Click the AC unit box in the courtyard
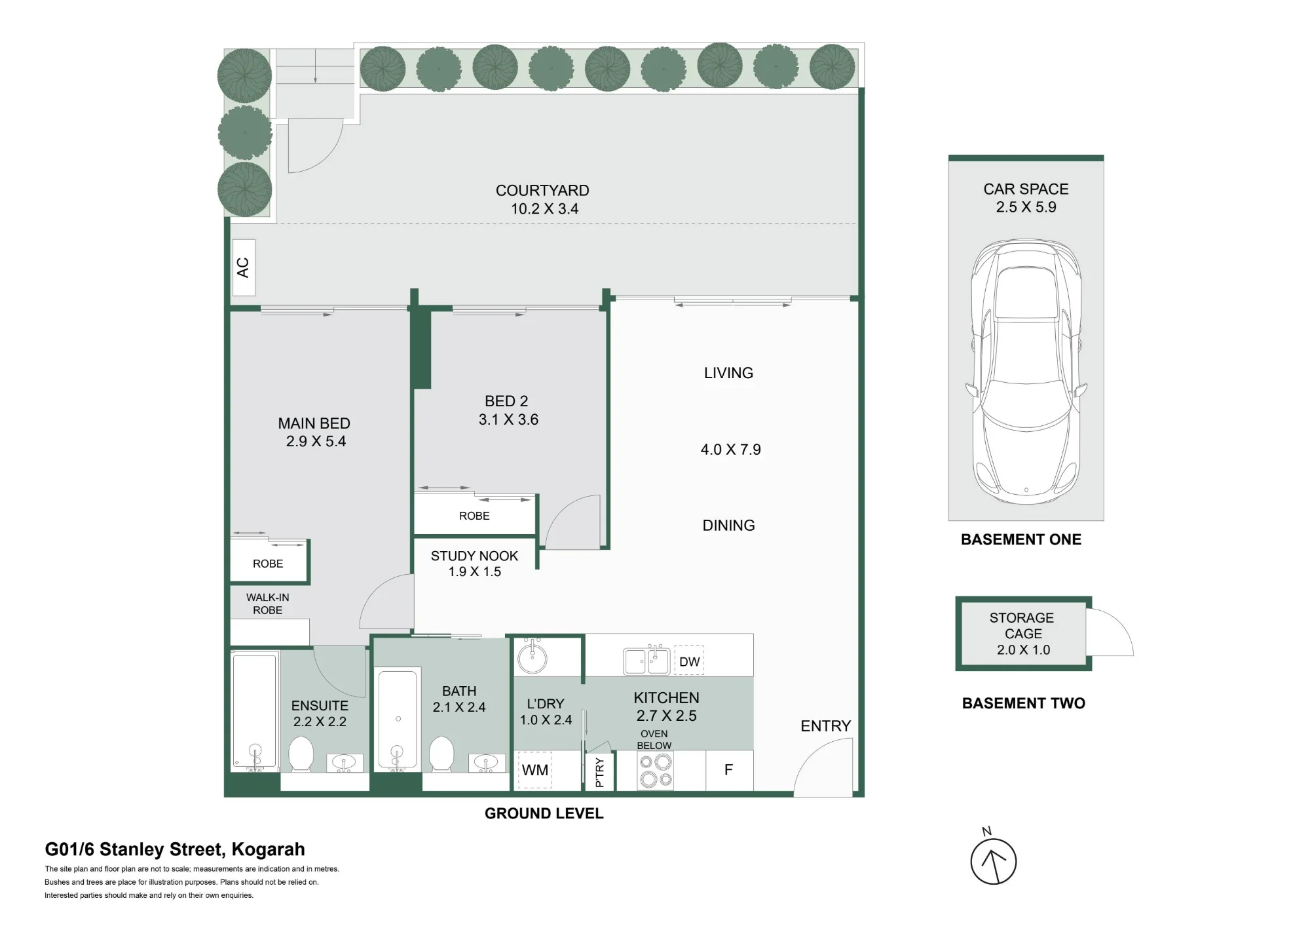(x=244, y=267)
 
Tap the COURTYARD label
(x=542, y=191)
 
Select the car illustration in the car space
(x=1026, y=372)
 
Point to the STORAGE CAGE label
(x=1022, y=626)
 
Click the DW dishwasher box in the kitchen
(x=689, y=661)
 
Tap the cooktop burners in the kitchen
(x=656, y=771)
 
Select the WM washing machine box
(x=535, y=770)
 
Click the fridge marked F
(x=729, y=770)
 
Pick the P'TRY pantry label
(x=599, y=772)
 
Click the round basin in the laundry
(x=532, y=656)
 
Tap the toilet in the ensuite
(x=301, y=754)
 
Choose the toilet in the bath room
(x=441, y=754)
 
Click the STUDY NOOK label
(x=474, y=556)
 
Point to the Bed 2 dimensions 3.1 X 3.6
(x=508, y=419)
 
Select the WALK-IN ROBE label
(x=267, y=604)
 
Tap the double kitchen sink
(x=646, y=661)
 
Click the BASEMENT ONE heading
(x=1021, y=540)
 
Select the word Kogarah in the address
(x=269, y=850)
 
